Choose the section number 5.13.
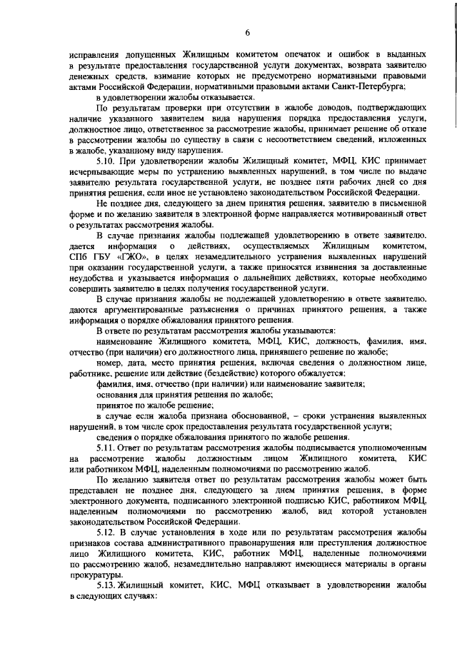coord(108,584)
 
